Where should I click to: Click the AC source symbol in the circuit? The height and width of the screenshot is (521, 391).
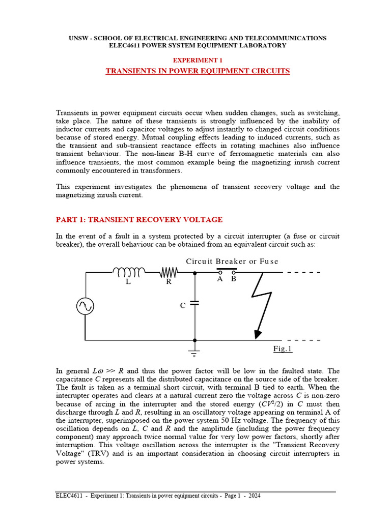pos(85,306)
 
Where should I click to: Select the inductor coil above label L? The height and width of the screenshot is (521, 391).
pos(128,272)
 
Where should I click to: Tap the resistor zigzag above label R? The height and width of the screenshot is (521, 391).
pos(169,272)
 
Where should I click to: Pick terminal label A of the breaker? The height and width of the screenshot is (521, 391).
pos(220,279)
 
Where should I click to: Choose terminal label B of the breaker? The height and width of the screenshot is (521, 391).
pos(234,279)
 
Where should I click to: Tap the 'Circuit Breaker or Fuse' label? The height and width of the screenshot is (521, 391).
pos(232,262)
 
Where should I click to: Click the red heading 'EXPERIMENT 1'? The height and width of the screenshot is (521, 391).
pos(198,60)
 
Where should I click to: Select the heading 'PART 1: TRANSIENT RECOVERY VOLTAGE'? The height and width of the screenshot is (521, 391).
pos(139,220)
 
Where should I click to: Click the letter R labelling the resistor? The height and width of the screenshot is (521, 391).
pos(169,282)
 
